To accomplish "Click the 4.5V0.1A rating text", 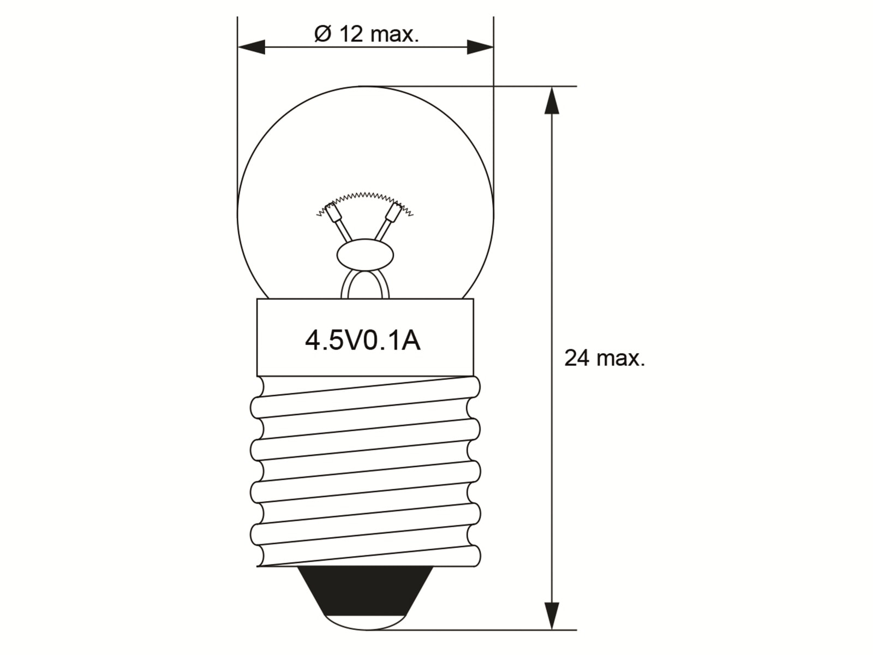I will coord(362,341).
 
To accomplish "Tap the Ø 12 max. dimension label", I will coord(366,34).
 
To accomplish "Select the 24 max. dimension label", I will coord(604,359).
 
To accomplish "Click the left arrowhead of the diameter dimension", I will coord(251,47).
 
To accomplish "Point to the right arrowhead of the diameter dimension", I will coord(480,47).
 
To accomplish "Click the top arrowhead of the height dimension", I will coord(552,100).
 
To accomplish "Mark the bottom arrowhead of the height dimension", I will coord(552,616).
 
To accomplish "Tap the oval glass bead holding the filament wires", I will coord(364,255).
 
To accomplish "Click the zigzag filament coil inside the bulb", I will coord(364,195).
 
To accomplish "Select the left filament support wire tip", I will coord(331,211).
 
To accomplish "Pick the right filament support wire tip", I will coord(394,211).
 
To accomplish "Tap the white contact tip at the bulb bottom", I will coord(364,623).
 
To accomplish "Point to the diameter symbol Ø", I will coord(322,34).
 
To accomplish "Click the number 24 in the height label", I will coord(577,359).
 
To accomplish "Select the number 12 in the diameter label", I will coord(351,34).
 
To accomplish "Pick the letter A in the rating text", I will coord(411,341).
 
